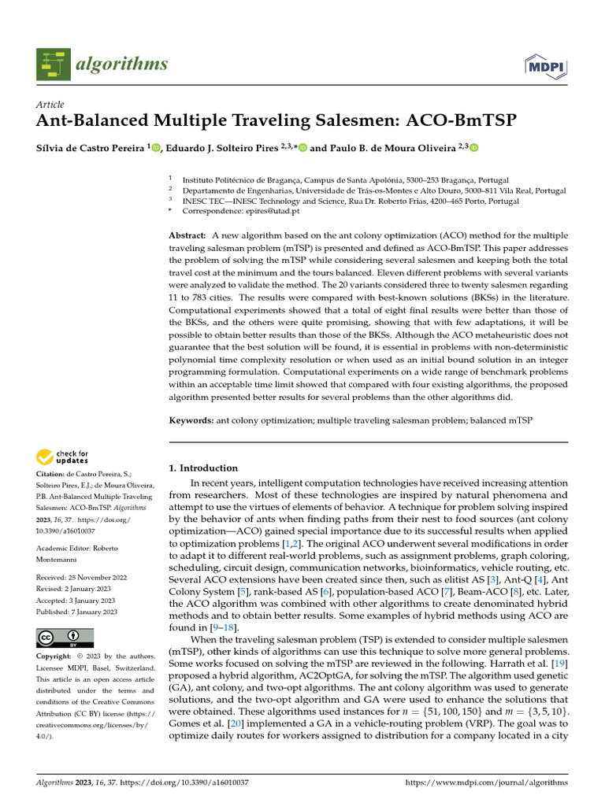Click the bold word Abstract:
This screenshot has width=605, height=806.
point(187,236)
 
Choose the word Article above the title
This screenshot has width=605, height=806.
point(50,105)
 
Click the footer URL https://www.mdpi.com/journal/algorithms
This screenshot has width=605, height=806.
point(485,783)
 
